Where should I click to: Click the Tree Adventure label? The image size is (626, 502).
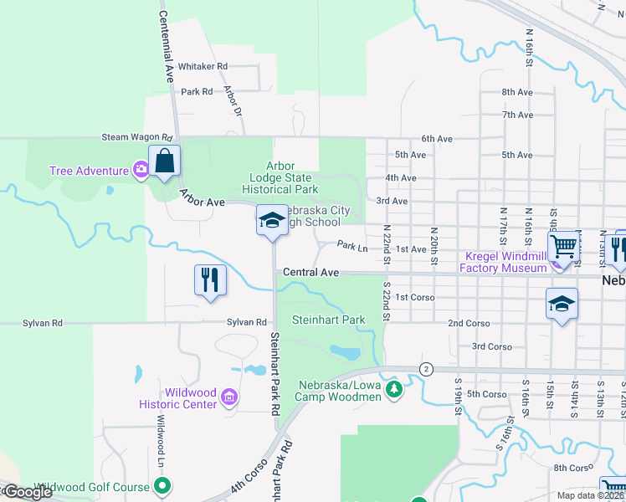click(88, 171)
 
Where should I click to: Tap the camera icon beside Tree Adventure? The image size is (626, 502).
click(141, 170)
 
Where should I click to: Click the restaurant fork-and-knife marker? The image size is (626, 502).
click(210, 279)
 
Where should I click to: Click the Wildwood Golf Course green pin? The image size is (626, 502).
click(164, 485)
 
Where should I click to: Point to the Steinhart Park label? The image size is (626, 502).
click(328, 320)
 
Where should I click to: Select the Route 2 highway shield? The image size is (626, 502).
click(426, 369)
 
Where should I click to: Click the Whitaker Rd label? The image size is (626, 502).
click(203, 66)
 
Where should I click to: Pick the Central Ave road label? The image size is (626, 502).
click(310, 273)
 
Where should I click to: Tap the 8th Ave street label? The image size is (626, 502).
click(517, 92)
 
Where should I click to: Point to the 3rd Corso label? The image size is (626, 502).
click(491, 346)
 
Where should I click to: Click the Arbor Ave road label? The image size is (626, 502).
click(202, 197)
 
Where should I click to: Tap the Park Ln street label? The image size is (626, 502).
click(352, 247)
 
